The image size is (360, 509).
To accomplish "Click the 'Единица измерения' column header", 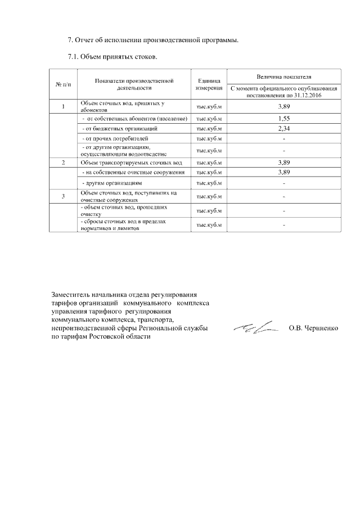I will click(209, 84).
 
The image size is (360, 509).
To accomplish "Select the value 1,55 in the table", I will click(284, 119).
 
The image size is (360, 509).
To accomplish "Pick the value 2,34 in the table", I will click(284, 129).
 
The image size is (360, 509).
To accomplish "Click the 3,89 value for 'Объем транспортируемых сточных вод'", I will click(284, 163).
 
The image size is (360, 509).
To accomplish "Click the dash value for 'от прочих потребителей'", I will click(284, 138).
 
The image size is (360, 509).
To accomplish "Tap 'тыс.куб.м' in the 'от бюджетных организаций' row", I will click(209, 129).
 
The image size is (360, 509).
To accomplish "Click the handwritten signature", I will click(256, 327).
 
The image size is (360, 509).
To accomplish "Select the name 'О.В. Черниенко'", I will click(313, 328).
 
